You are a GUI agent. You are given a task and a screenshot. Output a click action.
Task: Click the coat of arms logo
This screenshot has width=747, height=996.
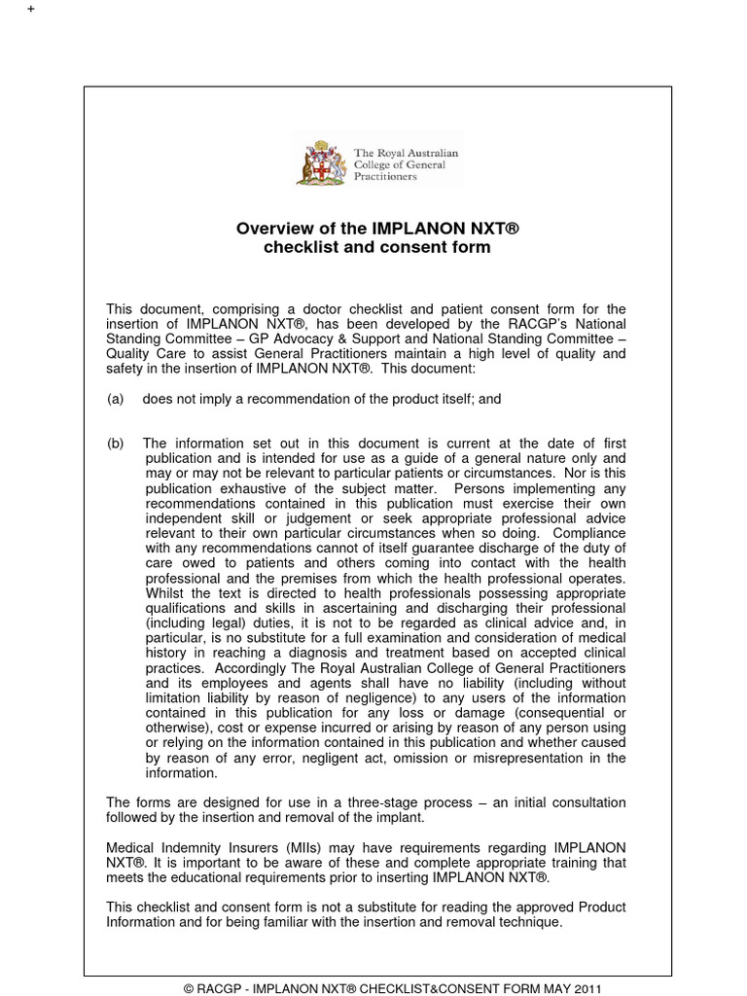pos(322,162)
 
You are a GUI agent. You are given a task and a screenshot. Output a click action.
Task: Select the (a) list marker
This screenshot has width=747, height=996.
pos(116,399)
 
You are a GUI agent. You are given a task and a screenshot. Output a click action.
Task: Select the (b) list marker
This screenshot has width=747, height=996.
pos(116,444)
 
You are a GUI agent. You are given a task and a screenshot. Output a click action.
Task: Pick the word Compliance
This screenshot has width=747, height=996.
pos(590,533)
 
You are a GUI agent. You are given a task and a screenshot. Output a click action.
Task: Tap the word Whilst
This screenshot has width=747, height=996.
pos(167,593)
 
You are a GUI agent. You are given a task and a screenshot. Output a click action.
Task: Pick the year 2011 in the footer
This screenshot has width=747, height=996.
pos(586,988)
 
